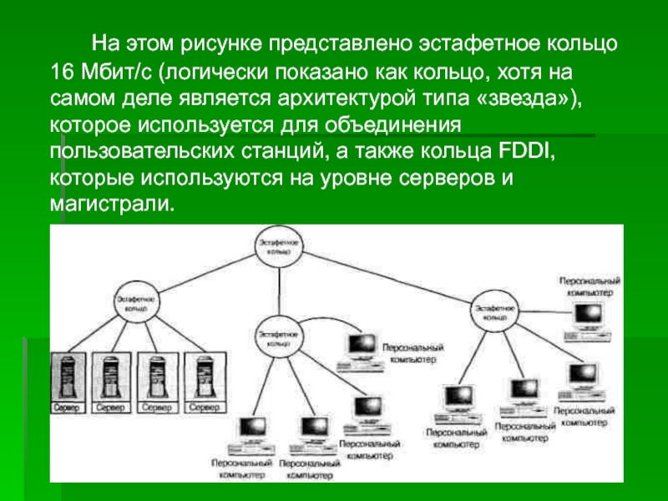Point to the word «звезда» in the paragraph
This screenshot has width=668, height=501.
(x=530, y=98)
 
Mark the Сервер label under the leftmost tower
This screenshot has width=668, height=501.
(x=68, y=407)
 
